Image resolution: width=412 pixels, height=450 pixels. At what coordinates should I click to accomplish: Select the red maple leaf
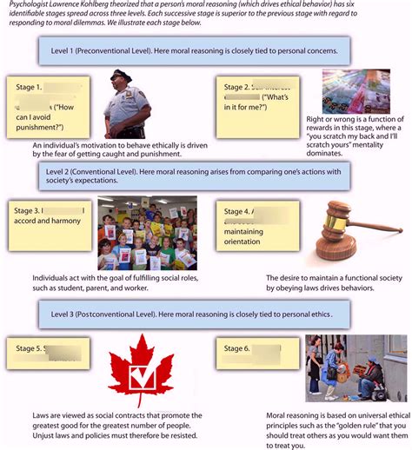[x=140, y=374]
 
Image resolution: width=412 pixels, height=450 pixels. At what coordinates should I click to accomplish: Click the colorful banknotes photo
[x=356, y=91]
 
